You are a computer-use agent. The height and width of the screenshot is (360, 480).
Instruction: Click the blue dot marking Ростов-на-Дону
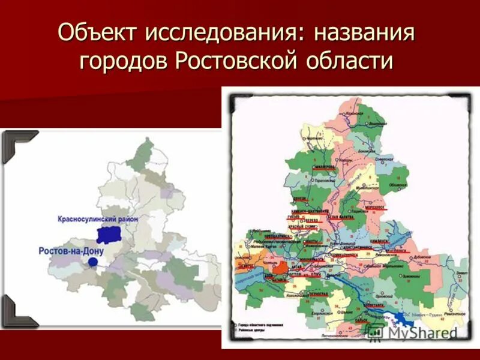[x=92, y=262]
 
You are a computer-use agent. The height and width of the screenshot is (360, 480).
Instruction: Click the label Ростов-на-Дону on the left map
[x=64, y=250]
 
